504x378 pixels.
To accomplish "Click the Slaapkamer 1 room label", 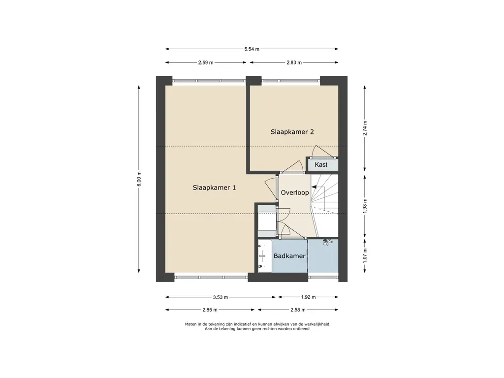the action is pyautogui.click(x=214, y=188).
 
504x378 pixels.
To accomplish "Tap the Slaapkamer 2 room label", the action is pyautogui.click(x=292, y=132).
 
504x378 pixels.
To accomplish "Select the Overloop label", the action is pyautogui.click(x=295, y=192).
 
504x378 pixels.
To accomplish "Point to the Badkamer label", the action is pyautogui.click(x=289, y=256).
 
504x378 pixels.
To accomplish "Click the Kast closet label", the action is pyautogui.click(x=321, y=165).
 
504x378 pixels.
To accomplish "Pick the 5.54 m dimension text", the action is pyautogui.click(x=252, y=49).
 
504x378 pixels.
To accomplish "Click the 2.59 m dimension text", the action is pyautogui.click(x=206, y=63).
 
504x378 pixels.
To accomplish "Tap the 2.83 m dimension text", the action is pyautogui.click(x=294, y=63).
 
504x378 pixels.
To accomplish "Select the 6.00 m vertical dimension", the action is pyautogui.click(x=139, y=179).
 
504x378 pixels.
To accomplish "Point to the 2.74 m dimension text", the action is pyautogui.click(x=365, y=128).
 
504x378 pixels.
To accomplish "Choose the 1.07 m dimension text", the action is pyautogui.click(x=365, y=255).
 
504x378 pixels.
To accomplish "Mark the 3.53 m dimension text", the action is pyautogui.click(x=220, y=297).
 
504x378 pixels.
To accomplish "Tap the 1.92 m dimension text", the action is pyautogui.click(x=308, y=297).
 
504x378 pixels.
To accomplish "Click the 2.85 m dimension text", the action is pyautogui.click(x=210, y=310).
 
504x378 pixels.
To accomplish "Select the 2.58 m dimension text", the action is pyautogui.click(x=298, y=310).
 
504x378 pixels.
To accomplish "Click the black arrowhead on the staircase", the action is pyautogui.click(x=314, y=187).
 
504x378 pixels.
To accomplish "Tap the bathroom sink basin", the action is pyautogui.click(x=263, y=256).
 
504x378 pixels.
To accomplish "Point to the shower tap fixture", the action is pyautogui.click(x=327, y=242).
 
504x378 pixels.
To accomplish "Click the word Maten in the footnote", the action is pyautogui.click(x=190, y=324).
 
